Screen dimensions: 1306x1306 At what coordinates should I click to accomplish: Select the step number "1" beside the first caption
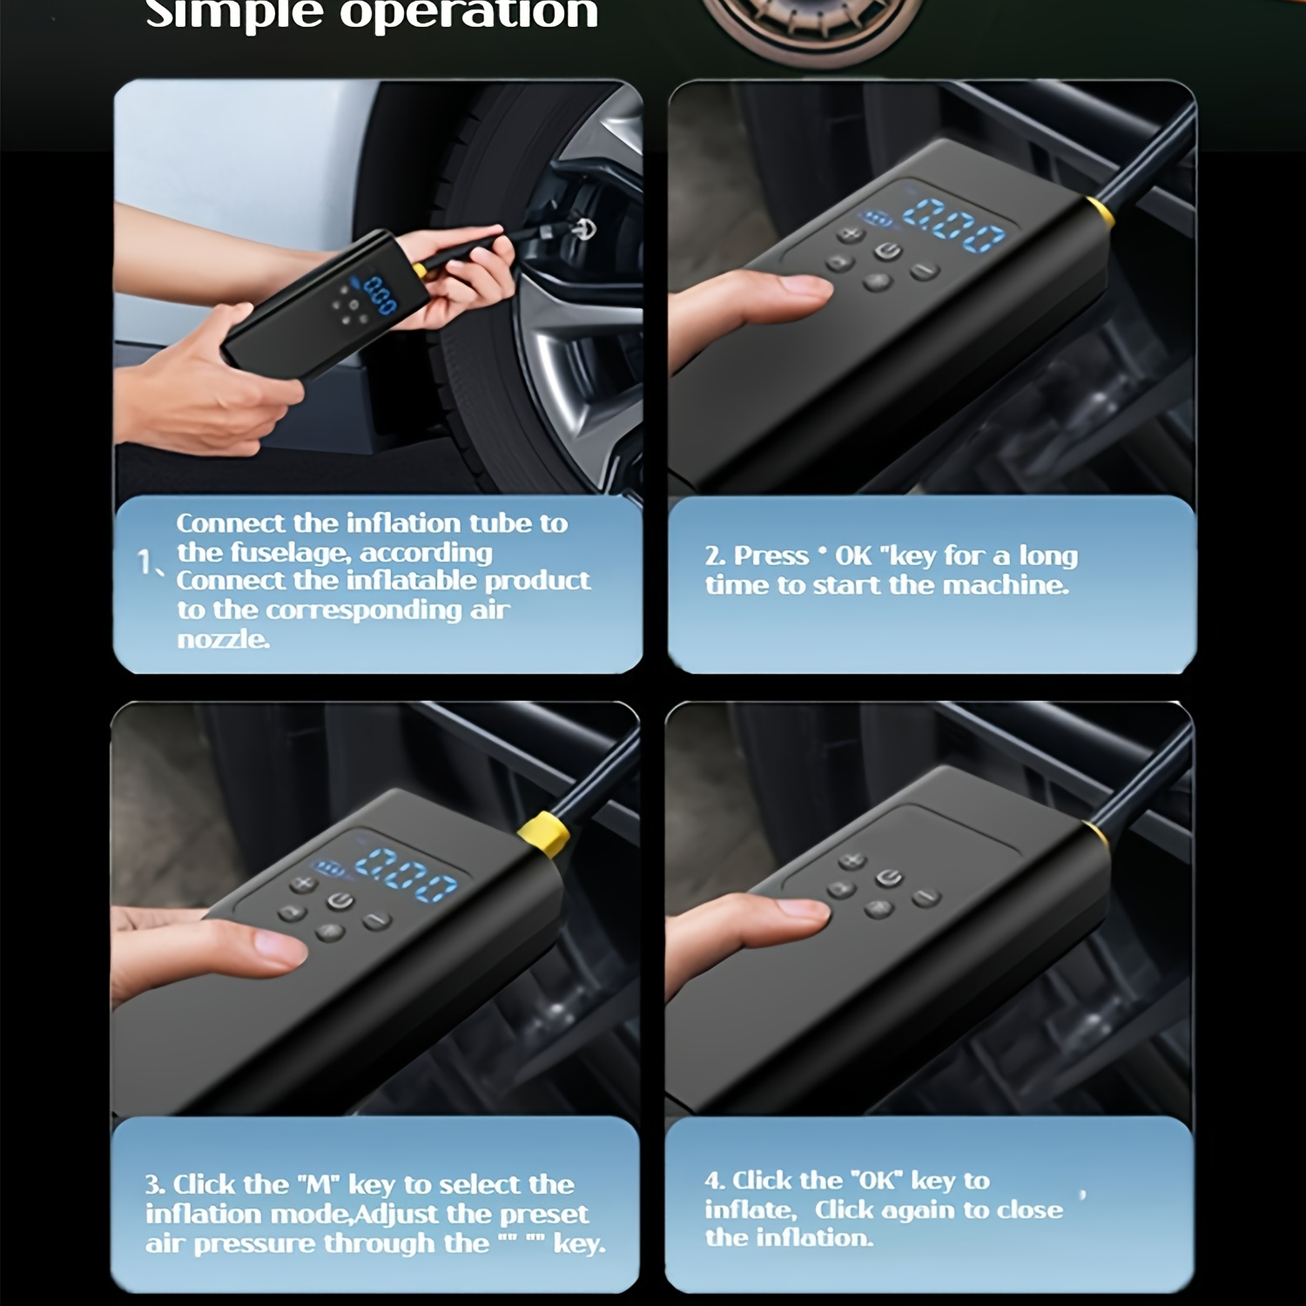(x=145, y=563)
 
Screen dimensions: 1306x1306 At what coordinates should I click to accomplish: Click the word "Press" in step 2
(x=771, y=555)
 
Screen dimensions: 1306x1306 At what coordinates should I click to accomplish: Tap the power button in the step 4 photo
(x=888, y=878)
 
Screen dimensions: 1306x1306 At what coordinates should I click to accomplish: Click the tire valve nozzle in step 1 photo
(x=581, y=229)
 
